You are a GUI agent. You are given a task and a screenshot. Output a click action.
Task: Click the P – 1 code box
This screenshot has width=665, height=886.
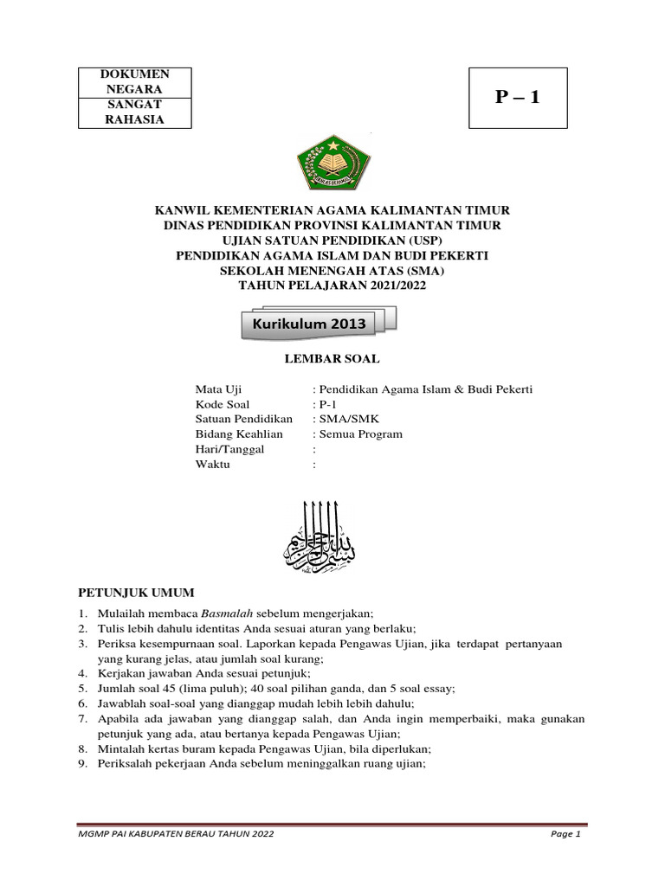click(x=518, y=97)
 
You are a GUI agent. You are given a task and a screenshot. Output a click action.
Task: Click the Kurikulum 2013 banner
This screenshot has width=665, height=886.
click(x=310, y=324)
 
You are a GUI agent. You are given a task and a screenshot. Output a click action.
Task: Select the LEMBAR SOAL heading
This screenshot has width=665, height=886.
click(x=332, y=358)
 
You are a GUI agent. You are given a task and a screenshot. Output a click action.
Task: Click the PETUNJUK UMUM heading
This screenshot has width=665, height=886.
click(x=137, y=593)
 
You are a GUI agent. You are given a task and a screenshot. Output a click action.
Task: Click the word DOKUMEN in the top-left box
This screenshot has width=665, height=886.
click(x=134, y=74)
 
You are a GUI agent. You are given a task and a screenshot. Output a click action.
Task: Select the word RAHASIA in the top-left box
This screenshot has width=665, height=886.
click(x=134, y=119)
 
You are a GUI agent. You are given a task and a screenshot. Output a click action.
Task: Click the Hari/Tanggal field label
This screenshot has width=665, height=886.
click(x=229, y=450)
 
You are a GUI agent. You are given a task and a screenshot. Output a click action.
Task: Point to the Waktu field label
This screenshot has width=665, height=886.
click(x=213, y=465)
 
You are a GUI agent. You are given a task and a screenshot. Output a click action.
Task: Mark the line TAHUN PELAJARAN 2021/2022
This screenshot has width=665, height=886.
click(x=332, y=285)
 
